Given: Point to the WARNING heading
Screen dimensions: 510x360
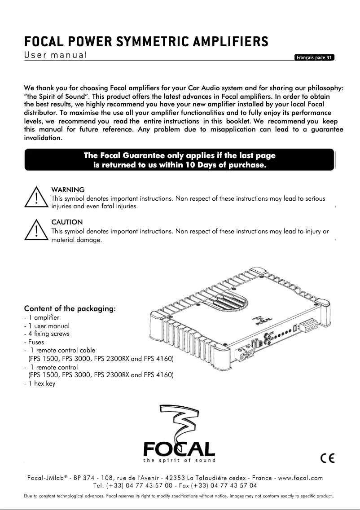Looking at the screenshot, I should click(68, 190).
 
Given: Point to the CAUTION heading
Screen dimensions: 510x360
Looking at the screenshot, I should click(67, 222).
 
